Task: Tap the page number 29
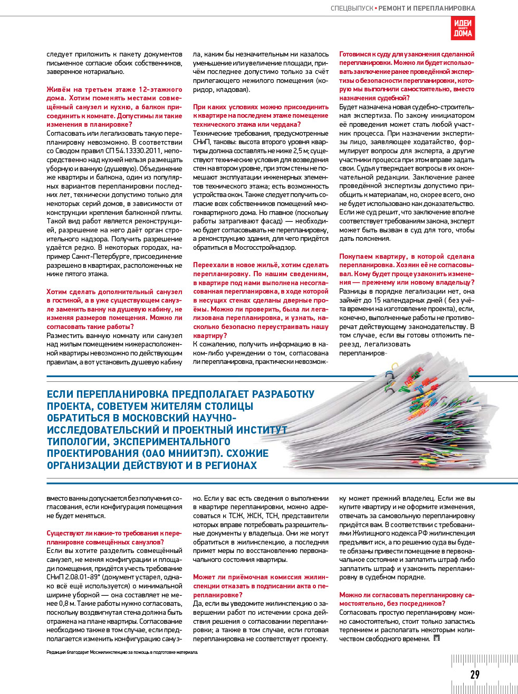[475, 674]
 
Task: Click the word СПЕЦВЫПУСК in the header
[352, 8]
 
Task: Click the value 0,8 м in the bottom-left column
[65, 604]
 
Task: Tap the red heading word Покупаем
[357, 257]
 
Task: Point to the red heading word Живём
[59, 90]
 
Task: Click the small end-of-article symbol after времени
[436, 639]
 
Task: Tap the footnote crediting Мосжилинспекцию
[122, 652]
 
